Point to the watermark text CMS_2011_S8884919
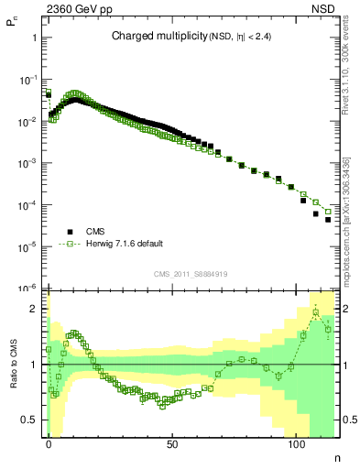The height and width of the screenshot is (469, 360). (x=192, y=273)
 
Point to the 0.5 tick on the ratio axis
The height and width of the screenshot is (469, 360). (x=30, y=420)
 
